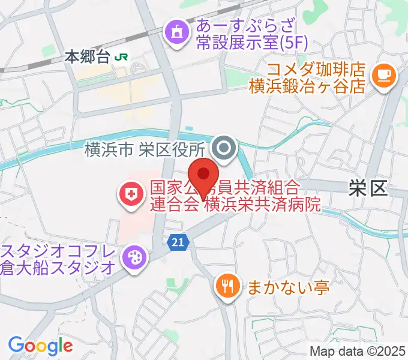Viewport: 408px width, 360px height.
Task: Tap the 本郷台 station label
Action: (87, 58)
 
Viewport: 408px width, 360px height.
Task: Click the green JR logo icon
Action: (122, 58)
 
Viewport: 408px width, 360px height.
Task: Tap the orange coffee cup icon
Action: (383, 75)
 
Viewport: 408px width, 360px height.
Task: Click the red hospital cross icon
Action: (129, 193)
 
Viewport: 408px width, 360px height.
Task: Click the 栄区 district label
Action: (368, 189)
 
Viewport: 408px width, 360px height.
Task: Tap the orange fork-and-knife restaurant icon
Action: (227, 286)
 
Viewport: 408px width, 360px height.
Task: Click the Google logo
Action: (40, 346)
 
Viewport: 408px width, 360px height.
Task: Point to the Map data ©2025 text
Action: (357, 351)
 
